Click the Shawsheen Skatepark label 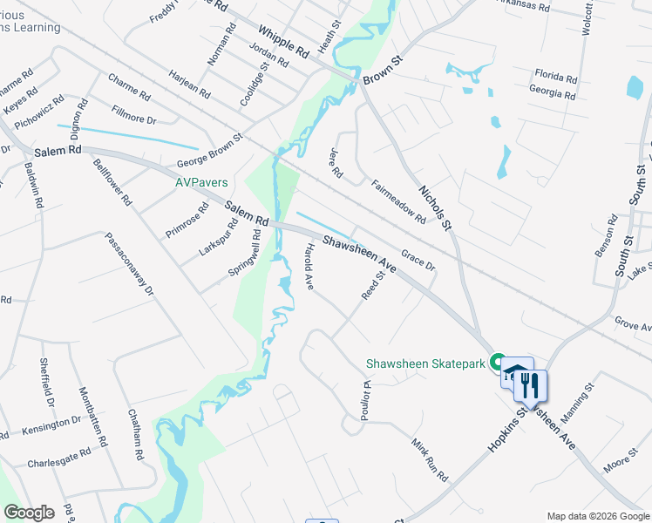[424, 363]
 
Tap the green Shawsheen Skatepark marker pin [498, 361]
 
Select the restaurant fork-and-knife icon [530, 384]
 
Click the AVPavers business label [201, 182]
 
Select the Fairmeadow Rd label [397, 202]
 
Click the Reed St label [373, 286]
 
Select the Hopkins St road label [503, 431]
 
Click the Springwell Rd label [244, 253]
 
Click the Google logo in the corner [28, 513]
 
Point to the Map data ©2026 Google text [597, 516]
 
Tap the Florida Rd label [556, 76]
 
